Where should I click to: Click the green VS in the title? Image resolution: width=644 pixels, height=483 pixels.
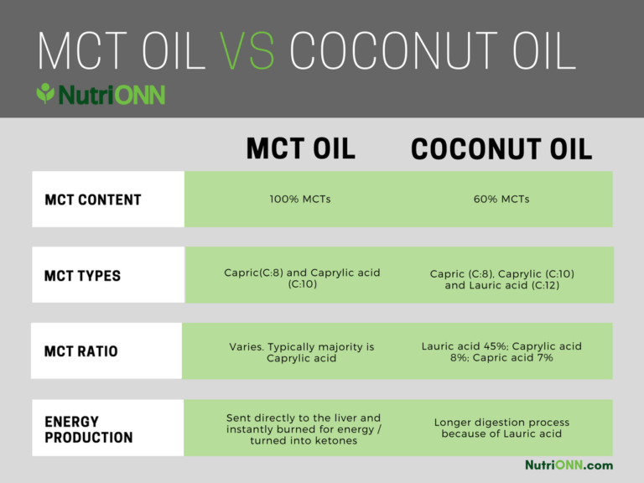tap(247, 50)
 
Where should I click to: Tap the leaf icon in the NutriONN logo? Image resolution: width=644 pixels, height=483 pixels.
tap(45, 93)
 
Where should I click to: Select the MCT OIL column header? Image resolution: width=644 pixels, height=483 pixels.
tap(301, 148)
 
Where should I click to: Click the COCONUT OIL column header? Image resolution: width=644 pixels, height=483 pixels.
tap(501, 148)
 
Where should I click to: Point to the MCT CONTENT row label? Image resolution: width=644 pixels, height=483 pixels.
tap(93, 200)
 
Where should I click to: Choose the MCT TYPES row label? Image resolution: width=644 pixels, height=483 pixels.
tap(82, 276)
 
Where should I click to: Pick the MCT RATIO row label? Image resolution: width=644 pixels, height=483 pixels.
tap(80, 351)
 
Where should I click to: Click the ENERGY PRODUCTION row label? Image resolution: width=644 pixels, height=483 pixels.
tap(89, 429)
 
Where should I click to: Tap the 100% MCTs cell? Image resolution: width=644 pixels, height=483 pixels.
tap(300, 200)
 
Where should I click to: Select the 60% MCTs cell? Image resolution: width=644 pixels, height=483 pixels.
tap(501, 200)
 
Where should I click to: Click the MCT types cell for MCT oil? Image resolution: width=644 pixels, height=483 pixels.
tap(302, 278)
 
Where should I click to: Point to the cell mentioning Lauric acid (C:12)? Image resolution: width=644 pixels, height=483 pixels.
tap(502, 279)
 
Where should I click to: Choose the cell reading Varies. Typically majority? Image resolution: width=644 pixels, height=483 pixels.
tap(302, 352)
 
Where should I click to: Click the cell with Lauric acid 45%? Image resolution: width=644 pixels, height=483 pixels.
tap(501, 351)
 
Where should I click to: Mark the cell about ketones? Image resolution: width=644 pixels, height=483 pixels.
tap(304, 429)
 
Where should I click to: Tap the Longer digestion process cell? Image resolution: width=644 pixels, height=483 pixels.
tap(501, 428)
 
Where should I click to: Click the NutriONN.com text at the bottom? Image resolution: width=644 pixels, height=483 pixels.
tap(569, 465)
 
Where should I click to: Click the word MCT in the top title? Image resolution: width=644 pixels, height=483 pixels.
tap(82, 50)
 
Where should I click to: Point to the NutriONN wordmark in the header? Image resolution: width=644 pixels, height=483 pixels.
tap(112, 95)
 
